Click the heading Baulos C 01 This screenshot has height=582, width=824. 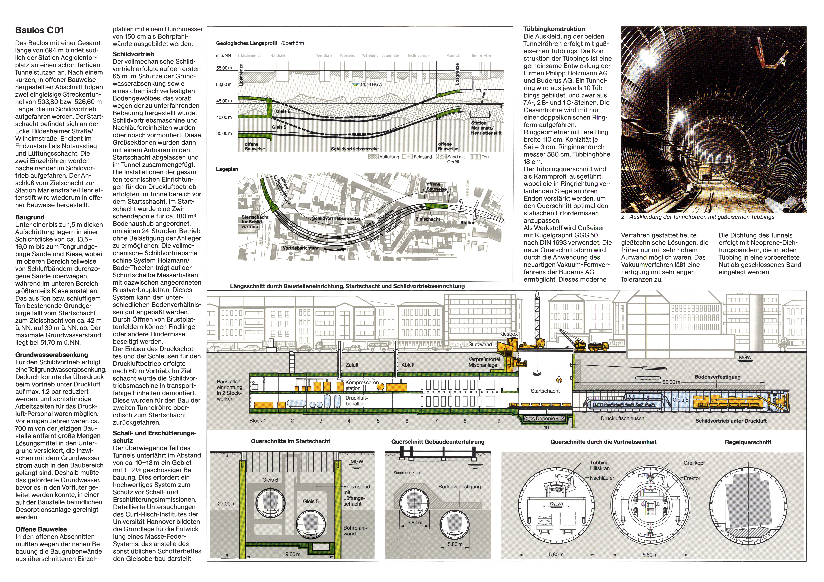point(40,31)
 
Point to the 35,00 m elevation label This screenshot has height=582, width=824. point(224,133)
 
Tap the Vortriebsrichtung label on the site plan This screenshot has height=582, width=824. point(301,248)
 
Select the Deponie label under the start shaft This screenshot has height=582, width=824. point(545,418)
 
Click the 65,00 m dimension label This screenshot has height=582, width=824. point(671,382)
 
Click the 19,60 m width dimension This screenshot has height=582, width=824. point(292,554)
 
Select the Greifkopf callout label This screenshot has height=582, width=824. point(694,463)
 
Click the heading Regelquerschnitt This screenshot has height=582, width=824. point(748,442)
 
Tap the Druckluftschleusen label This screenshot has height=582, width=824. point(622,418)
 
